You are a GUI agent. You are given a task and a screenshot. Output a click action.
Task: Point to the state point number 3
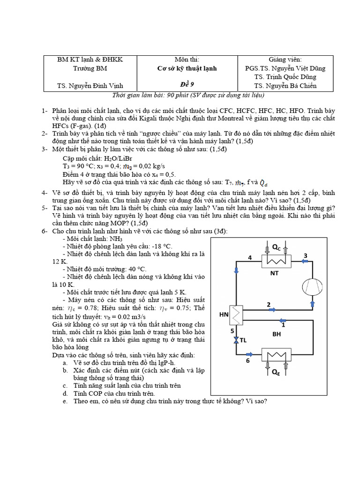[305, 255]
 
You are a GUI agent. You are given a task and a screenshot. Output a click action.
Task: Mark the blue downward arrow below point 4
[236, 270]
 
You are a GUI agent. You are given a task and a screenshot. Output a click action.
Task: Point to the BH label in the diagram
[277, 334]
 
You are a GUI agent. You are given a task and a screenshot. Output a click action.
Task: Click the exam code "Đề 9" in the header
[187, 85]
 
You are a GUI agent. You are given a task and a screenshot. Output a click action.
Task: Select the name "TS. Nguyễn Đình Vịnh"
[90, 85]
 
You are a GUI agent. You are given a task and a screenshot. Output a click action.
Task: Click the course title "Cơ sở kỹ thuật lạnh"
[187, 68]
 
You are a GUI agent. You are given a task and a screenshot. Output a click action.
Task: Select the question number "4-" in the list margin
[44, 192]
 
